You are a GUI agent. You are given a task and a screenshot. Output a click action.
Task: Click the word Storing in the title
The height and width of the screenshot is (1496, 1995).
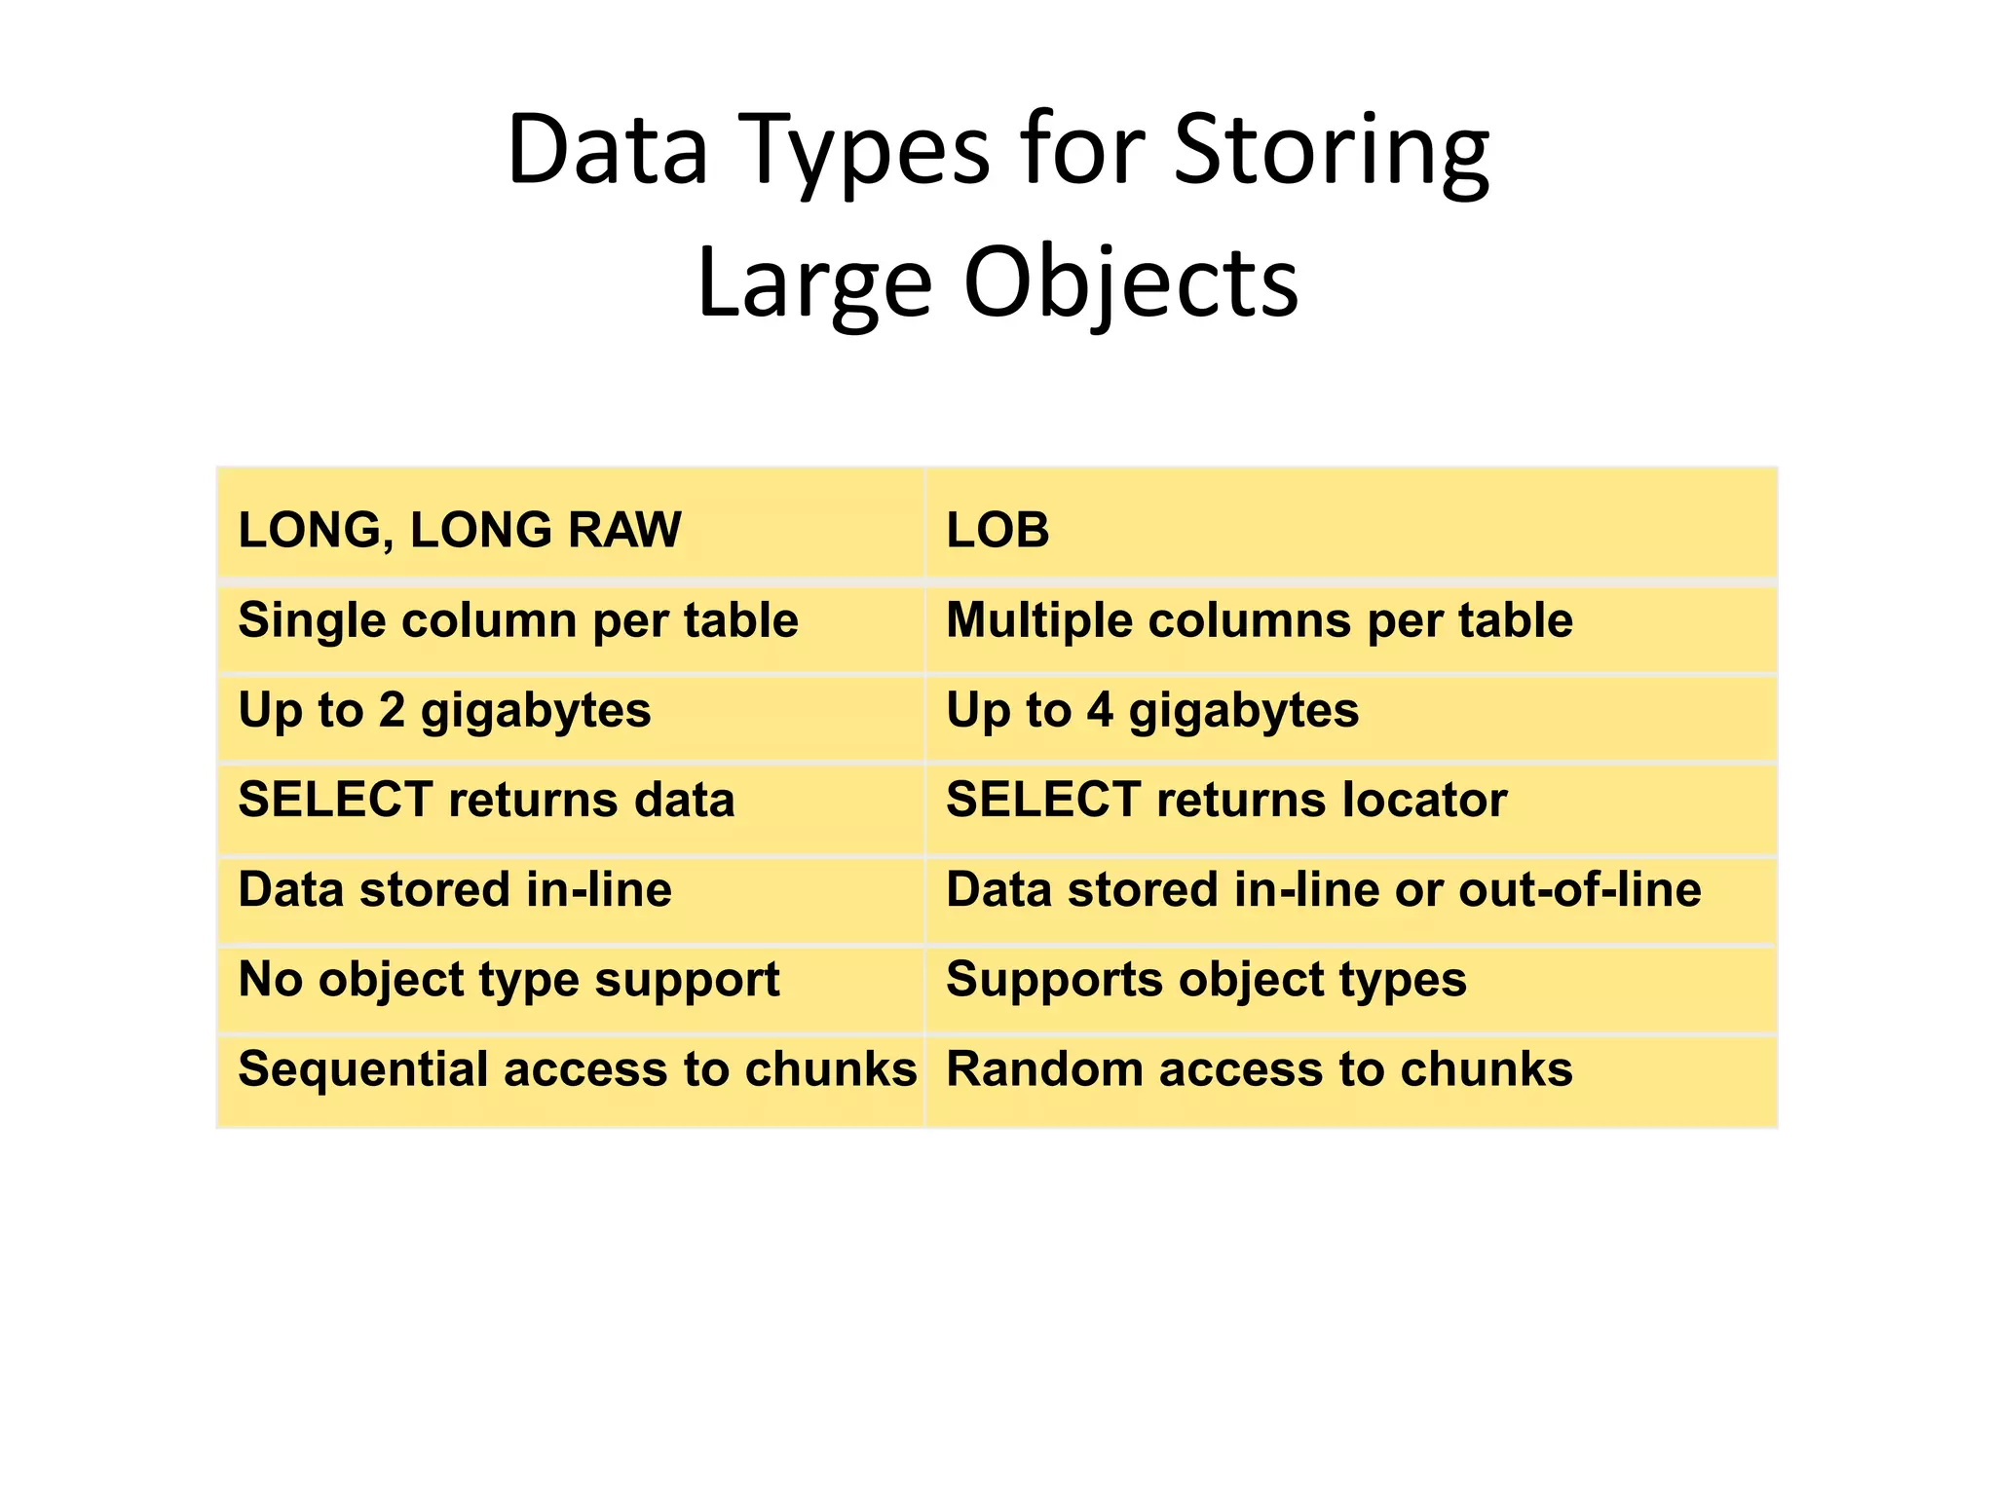[1331, 151]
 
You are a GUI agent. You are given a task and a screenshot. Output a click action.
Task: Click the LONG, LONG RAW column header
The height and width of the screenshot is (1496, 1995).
[460, 531]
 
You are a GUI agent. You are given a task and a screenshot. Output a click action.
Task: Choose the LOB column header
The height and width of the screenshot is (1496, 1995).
[997, 531]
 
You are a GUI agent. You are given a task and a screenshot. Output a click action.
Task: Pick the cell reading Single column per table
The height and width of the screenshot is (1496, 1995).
[518, 620]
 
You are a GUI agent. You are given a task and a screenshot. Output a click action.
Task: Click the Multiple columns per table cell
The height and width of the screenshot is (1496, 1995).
[1259, 620]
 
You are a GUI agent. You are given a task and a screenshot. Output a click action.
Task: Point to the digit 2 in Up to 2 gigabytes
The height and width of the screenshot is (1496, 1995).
[392, 710]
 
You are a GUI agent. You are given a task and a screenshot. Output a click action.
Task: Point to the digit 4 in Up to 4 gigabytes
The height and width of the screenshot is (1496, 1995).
[1100, 710]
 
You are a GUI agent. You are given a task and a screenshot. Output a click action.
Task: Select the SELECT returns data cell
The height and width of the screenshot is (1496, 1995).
[486, 800]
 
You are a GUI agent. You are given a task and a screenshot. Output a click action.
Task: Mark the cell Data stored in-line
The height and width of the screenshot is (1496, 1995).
[455, 889]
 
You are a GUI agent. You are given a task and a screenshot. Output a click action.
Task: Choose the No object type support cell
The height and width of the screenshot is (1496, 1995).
[508, 980]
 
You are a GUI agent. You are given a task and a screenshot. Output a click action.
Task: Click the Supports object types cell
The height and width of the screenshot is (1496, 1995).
[1206, 980]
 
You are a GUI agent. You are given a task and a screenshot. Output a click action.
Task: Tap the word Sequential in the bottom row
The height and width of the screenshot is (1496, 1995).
[362, 1069]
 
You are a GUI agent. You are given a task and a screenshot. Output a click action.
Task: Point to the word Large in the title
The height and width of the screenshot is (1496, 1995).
[814, 283]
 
